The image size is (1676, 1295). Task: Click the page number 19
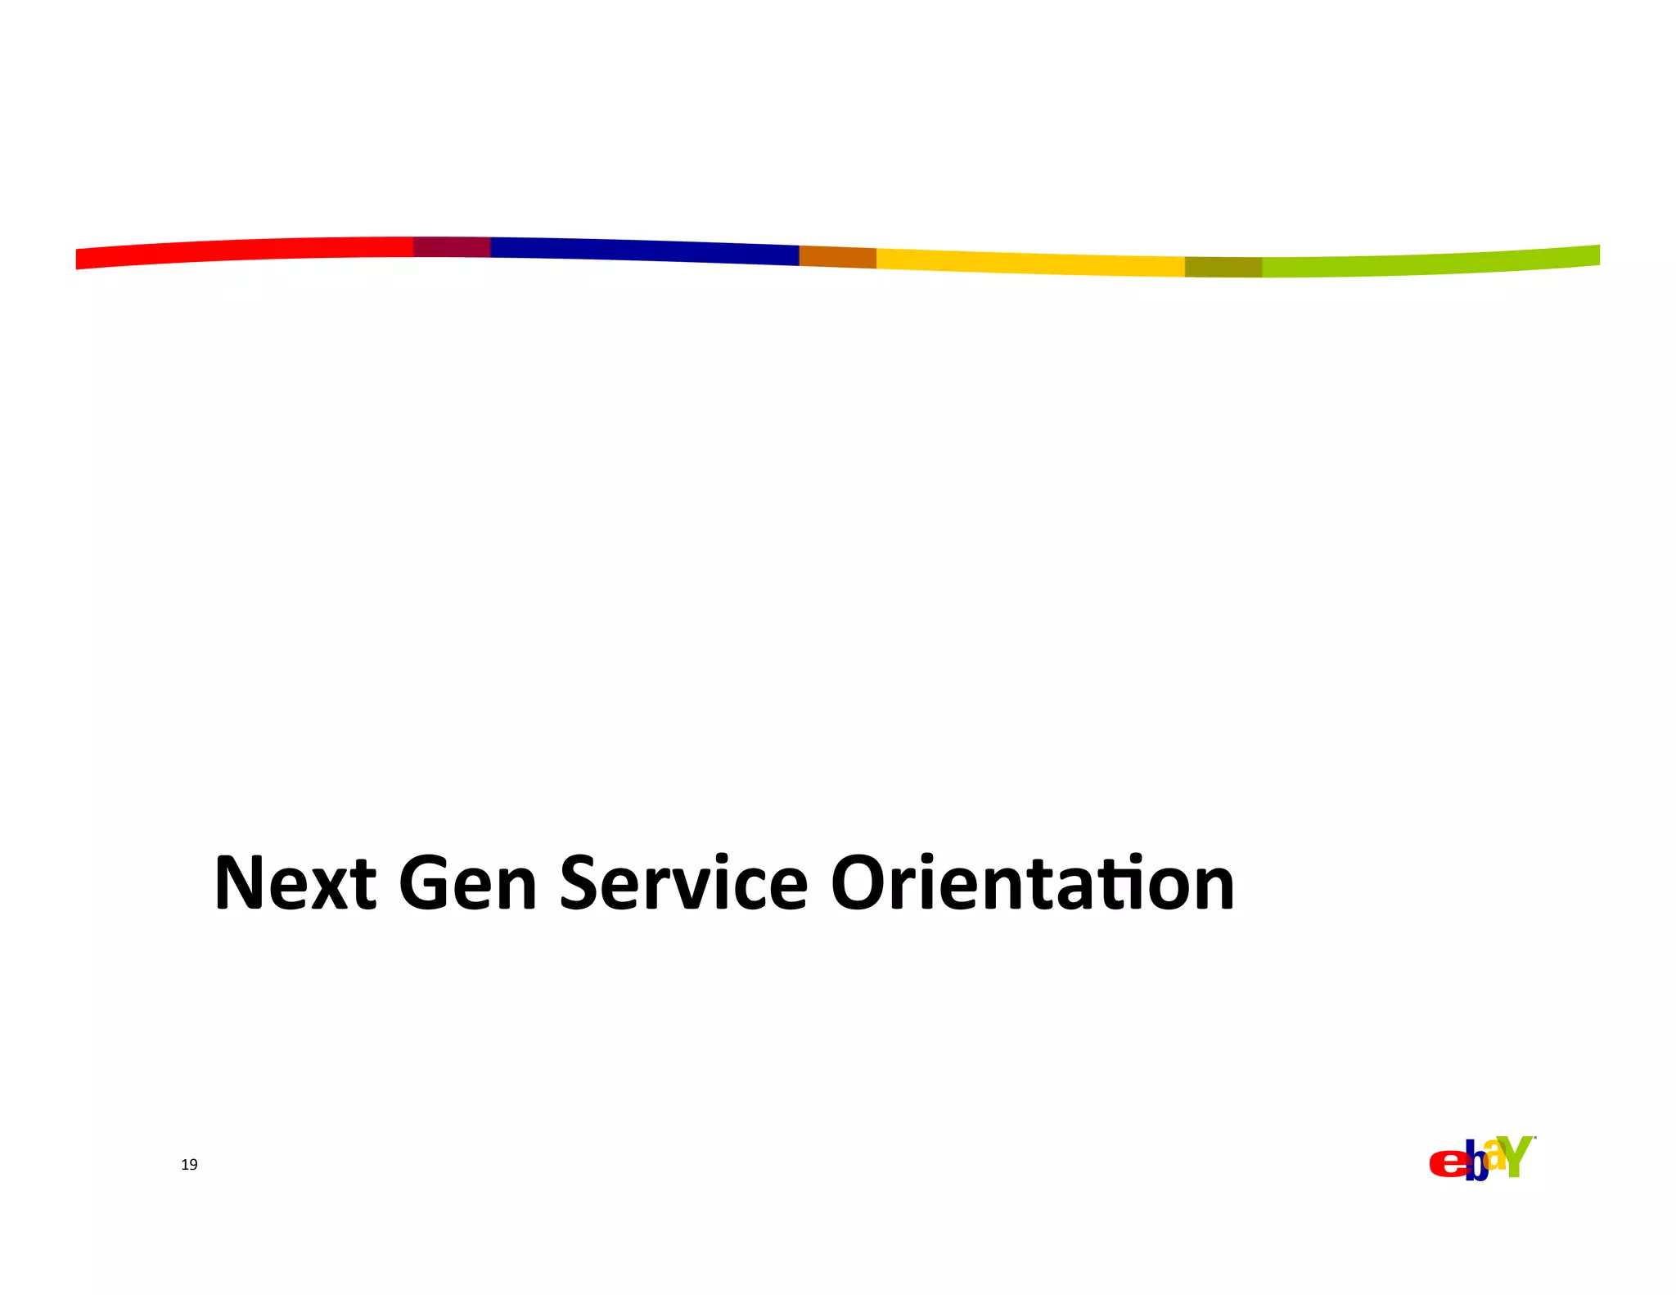(189, 1165)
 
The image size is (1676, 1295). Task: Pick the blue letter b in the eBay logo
(1476, 1163)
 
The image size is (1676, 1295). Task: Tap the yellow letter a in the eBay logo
(1494, 1154)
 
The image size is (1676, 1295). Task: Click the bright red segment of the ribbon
(246, 250)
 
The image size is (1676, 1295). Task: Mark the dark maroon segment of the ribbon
(452, 246)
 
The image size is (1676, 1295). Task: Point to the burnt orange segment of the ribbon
(837, 257)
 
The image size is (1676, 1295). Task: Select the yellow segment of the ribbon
(1031, 264)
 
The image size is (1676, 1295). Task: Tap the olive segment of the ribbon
(1223, 267)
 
